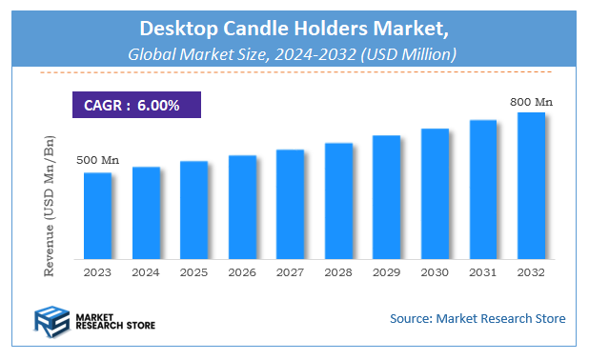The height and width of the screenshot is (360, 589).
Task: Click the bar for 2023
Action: [x=97, y=216]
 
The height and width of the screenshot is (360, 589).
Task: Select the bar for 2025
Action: [x=193, y=210]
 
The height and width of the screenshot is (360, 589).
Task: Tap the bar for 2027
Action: [x=290, y=205]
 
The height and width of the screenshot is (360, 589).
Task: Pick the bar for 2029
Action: [x=386, y=197]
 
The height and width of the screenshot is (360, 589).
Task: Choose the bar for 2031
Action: [x=482, y=190]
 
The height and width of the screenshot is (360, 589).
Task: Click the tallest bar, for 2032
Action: [x=531, y=186]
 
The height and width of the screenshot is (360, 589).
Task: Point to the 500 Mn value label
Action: [x=96, y=159]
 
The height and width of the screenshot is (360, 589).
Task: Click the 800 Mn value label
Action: [x=531, y=100]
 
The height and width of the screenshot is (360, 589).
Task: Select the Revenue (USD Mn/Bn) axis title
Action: [x=50, y=207]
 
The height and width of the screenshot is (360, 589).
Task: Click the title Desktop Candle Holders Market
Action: [x=294, y=30]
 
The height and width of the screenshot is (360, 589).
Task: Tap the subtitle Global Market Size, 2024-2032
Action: [x=294, y=55]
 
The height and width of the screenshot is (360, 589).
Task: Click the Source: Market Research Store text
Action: [x=477, y=318]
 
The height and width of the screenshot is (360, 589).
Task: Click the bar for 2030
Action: [x=435, y=193]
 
